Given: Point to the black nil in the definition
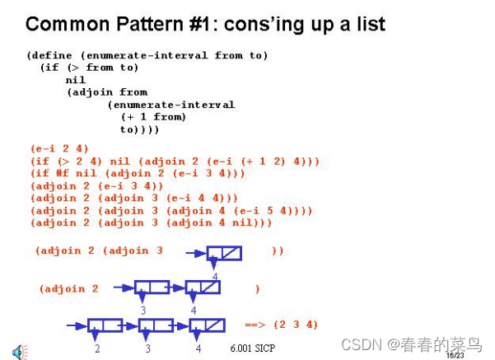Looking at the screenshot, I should point(75,80).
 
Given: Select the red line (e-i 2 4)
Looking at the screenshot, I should point(59,148).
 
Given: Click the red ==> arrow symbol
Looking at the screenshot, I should point(255,325).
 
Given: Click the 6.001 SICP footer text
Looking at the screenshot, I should point(253,348).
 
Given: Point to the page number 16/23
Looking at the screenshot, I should point(454,356).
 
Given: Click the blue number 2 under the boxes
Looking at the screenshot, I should point(96,348).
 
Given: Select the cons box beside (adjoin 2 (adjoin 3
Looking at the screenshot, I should point(223,253).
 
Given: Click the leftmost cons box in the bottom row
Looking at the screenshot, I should point(105,325).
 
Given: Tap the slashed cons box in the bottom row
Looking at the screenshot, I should point(207,325).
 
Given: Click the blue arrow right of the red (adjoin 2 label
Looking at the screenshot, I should point(124,288).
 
